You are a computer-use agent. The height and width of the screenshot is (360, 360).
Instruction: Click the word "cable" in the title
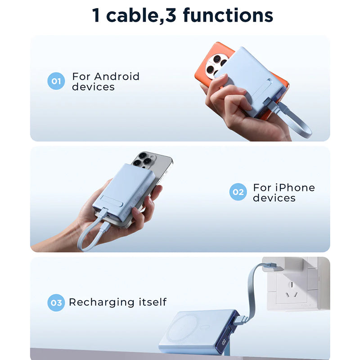[132, 15]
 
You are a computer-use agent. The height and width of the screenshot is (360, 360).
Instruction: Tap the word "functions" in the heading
[228, 15]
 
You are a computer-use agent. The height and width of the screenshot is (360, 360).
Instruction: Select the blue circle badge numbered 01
[56, 81]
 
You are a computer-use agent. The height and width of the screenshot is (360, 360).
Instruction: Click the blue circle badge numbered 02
[238, 192]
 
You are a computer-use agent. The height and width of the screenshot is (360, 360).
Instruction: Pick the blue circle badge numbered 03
[56, 302]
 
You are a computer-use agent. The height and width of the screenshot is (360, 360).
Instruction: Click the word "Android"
[117, 76]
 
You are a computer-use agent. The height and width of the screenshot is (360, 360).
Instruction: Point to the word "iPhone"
[295, 188]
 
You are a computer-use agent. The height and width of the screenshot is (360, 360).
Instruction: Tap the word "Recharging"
[102, 302]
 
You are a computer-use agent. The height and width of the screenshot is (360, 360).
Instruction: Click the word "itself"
[153, 302]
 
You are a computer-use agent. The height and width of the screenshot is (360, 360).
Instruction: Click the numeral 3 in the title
[171, 15]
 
